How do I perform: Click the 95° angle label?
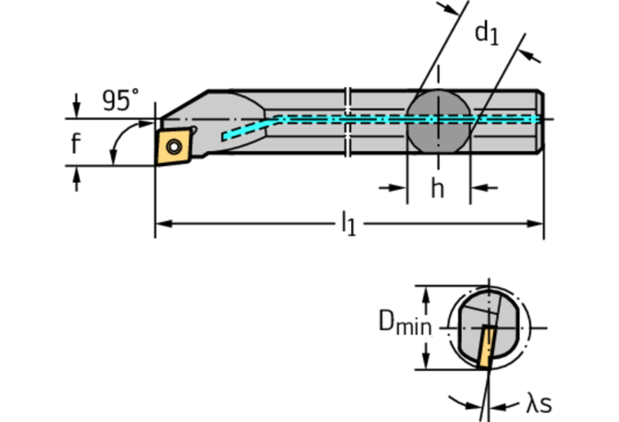coord(120,101)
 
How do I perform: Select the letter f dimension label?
coord(75,144)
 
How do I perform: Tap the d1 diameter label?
coord(486,35)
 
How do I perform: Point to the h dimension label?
coord(437,188)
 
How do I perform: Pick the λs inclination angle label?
coord(540,403)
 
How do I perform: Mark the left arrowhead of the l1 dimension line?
coord(161,222)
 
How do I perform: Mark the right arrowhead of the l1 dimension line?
coord(537,222)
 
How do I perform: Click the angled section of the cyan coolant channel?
coord(253,127)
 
